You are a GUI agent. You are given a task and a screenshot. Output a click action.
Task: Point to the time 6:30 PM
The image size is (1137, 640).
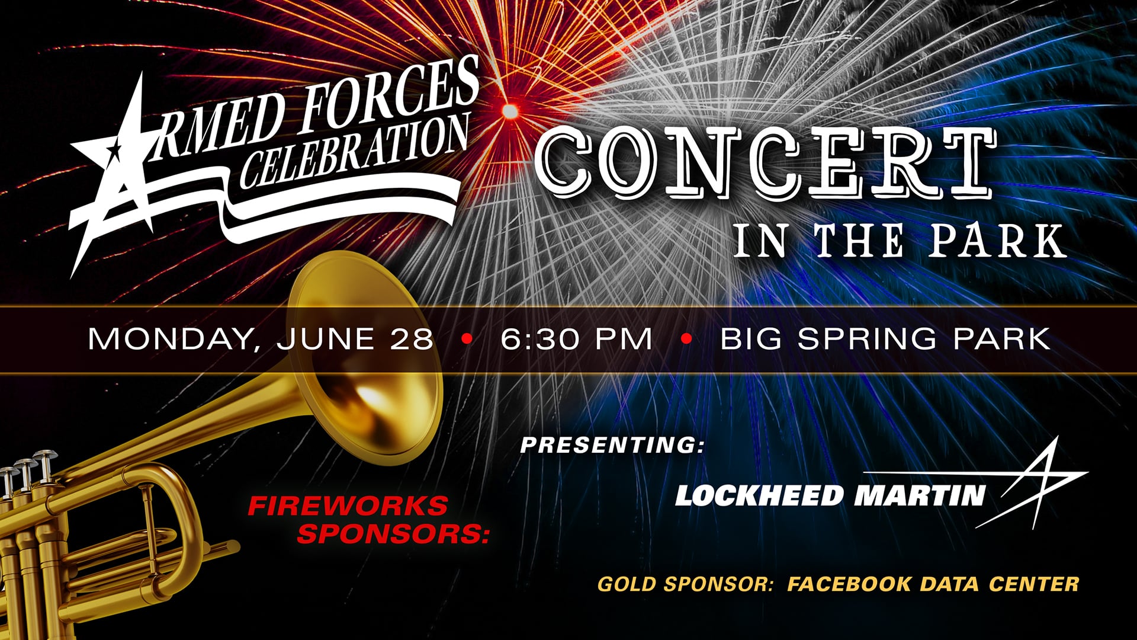coord(576,339)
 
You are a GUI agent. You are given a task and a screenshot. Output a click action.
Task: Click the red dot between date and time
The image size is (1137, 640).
coord(467,339)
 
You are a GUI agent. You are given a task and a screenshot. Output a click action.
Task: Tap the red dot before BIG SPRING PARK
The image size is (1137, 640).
coord(687,339)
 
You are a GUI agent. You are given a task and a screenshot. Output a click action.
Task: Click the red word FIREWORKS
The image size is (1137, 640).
coord(348,506)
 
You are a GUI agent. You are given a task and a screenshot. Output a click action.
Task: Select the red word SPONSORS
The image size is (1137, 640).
coord(393,533)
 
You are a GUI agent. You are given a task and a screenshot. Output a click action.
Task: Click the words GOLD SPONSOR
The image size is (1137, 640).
coord(686,584)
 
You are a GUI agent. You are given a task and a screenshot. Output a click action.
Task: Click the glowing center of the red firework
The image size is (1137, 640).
coord(509,111)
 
